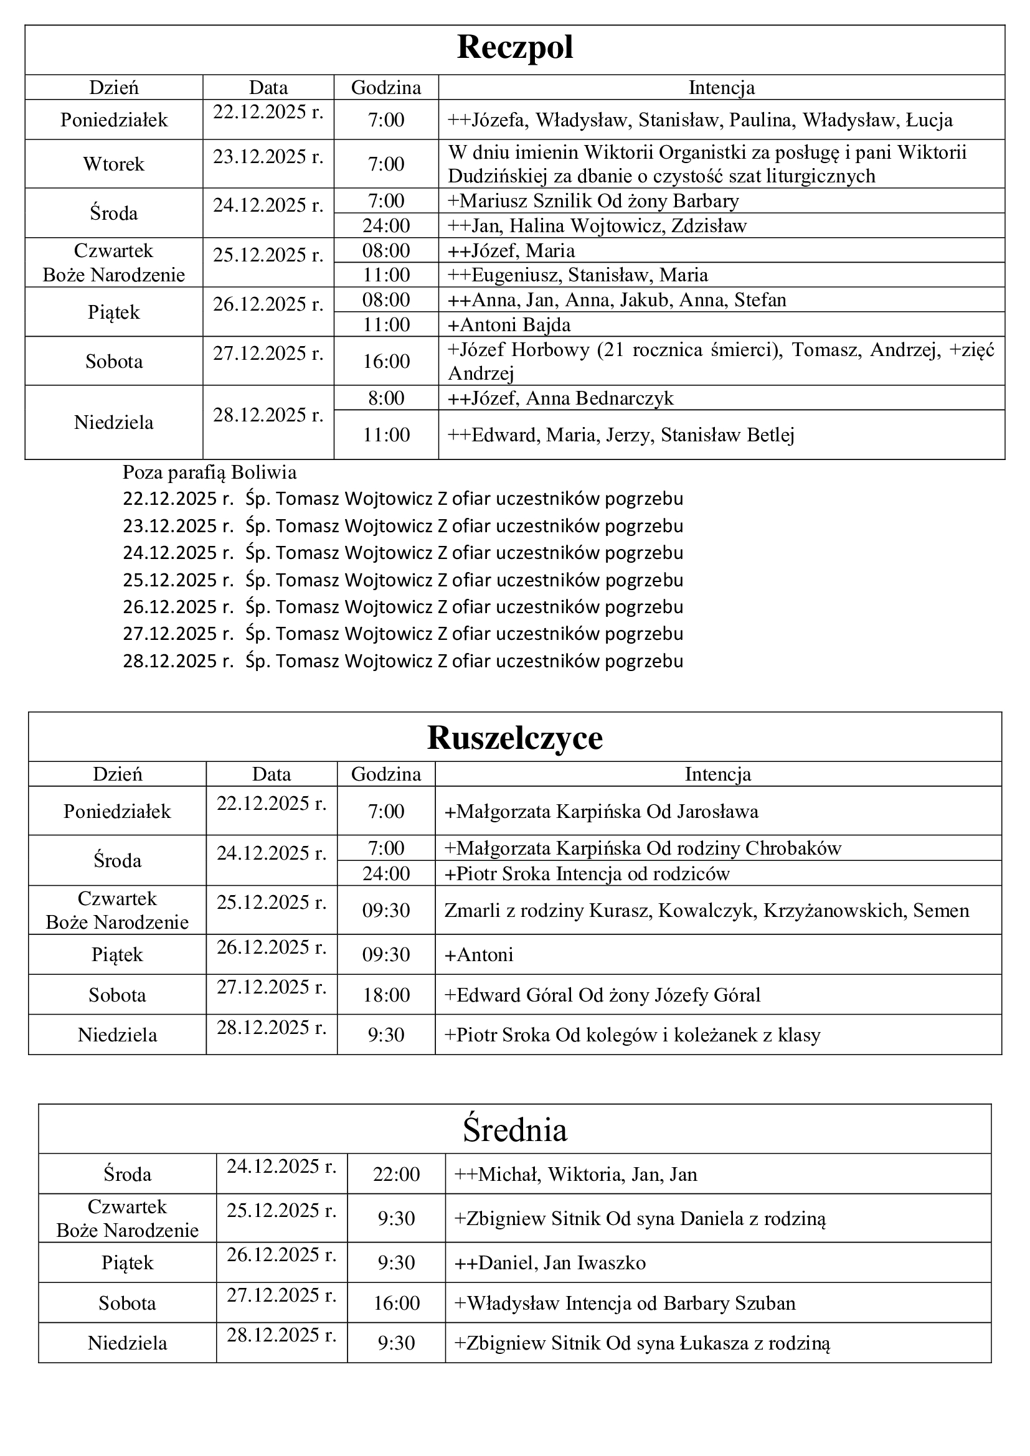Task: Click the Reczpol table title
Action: click(514, 48)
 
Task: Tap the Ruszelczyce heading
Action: click(514, 738)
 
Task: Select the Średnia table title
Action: click(514, 1129)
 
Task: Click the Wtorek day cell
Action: click(113, 164)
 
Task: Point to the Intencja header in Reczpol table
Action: click(721, 88)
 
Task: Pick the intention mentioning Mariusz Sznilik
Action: click(593, 201)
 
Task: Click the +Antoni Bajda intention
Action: click(509, 325)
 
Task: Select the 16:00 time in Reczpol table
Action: click(385, 362)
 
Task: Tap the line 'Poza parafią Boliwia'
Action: click(209, 472)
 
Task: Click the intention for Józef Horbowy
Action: click(721, 361)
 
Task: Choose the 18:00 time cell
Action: click(385, 994)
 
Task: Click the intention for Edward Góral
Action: click(603, 994)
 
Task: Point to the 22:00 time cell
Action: click(396, 1174)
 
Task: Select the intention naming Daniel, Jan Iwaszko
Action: click(550, 1262)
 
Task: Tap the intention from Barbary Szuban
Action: click(625, 1303)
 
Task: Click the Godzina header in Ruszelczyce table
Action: click(385, 774)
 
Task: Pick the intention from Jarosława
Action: click(602, 811)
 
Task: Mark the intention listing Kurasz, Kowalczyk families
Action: click(707, 911)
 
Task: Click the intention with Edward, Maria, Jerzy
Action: click(621, 435)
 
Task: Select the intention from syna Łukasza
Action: click(642, 1343)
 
